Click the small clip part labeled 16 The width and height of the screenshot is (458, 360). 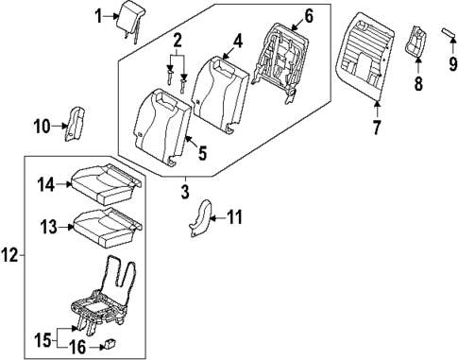(x=113, y=344)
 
